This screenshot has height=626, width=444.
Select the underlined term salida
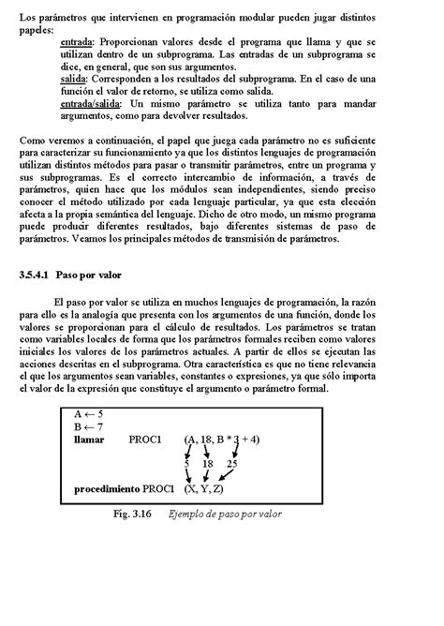[74, 80]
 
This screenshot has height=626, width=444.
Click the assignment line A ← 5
[88, 412]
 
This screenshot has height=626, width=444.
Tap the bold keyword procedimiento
[107, 489]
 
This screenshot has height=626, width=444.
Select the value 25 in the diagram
[231, 463]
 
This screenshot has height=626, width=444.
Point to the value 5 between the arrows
[187, 463]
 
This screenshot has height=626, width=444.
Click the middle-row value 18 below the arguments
[208, 463]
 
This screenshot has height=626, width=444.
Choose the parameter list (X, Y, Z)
[204, 489]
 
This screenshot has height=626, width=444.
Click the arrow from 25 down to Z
[225, 476]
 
